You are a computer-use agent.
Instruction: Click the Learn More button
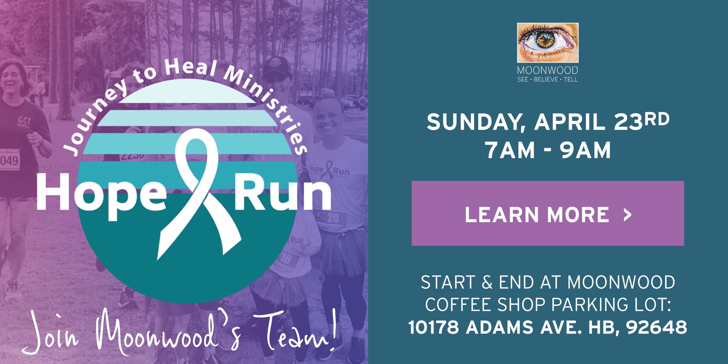point(548,213)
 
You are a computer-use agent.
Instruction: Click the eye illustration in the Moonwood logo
point(548,43)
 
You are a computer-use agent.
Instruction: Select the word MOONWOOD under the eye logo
point(547,70)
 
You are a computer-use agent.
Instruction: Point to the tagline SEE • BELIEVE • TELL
point(547,79)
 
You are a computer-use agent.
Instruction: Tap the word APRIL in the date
point(570,122)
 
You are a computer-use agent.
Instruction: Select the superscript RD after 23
point(657,119)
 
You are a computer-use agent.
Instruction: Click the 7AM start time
point(510,150)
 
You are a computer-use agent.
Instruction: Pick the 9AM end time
point(585,150)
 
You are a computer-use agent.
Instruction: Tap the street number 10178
point(434,327)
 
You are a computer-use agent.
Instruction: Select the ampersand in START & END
point(487,282)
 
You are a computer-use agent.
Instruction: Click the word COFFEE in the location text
point(458,305)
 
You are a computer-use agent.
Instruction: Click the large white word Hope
point(102,197)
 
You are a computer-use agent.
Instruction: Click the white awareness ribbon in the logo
point(198,194)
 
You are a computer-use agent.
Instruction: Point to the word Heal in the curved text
point(191,67)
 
